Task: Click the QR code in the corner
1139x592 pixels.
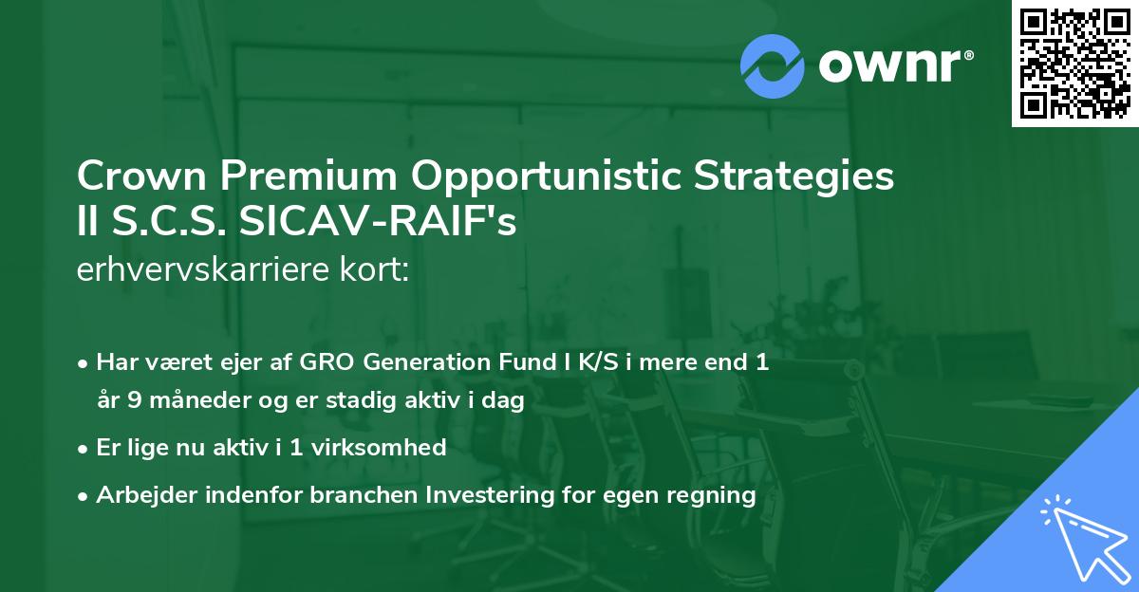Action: pos(1074,64)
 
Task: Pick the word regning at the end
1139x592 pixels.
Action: pos(715,494)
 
